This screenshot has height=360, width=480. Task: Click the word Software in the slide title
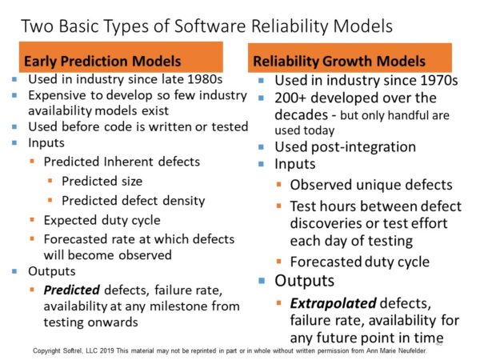[210, 26]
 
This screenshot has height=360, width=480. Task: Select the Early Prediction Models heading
[102, 61]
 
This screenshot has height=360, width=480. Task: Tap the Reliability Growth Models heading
[339, 61]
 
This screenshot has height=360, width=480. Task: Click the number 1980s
[205, 79]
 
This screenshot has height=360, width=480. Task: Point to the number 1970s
[439, 81]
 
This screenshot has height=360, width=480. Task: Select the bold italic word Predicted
[72, 290]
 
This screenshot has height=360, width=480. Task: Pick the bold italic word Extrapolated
[333, 303]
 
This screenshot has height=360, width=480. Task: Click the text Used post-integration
[345, 147]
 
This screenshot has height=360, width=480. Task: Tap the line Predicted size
[102, 182]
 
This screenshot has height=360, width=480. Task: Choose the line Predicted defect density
[133, 201]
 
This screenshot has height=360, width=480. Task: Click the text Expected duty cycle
[102, 221]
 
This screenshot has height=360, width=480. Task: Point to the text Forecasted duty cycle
[360, 262]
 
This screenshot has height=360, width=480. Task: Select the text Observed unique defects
[371, 185]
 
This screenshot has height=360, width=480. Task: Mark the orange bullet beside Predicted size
[50, 181]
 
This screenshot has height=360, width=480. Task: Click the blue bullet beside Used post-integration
[261, 147]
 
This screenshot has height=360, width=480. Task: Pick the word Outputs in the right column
[304, 281]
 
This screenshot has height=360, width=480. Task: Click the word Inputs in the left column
[46, 143]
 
